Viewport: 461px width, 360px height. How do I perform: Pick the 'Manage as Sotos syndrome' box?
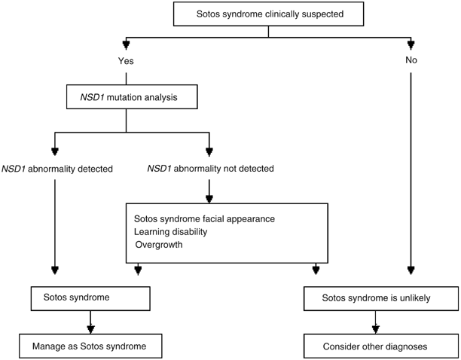(x=90, y=347)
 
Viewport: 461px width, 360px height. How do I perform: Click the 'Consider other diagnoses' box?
(x=374, y=347)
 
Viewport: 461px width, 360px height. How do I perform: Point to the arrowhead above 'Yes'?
(x=127, y=44)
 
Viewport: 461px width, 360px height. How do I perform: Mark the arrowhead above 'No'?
(x=411, y=44)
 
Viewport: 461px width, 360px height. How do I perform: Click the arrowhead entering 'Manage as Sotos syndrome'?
(x=90, y=328)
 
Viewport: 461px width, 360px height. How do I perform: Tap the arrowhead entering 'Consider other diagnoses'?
(x=374, y=328)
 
